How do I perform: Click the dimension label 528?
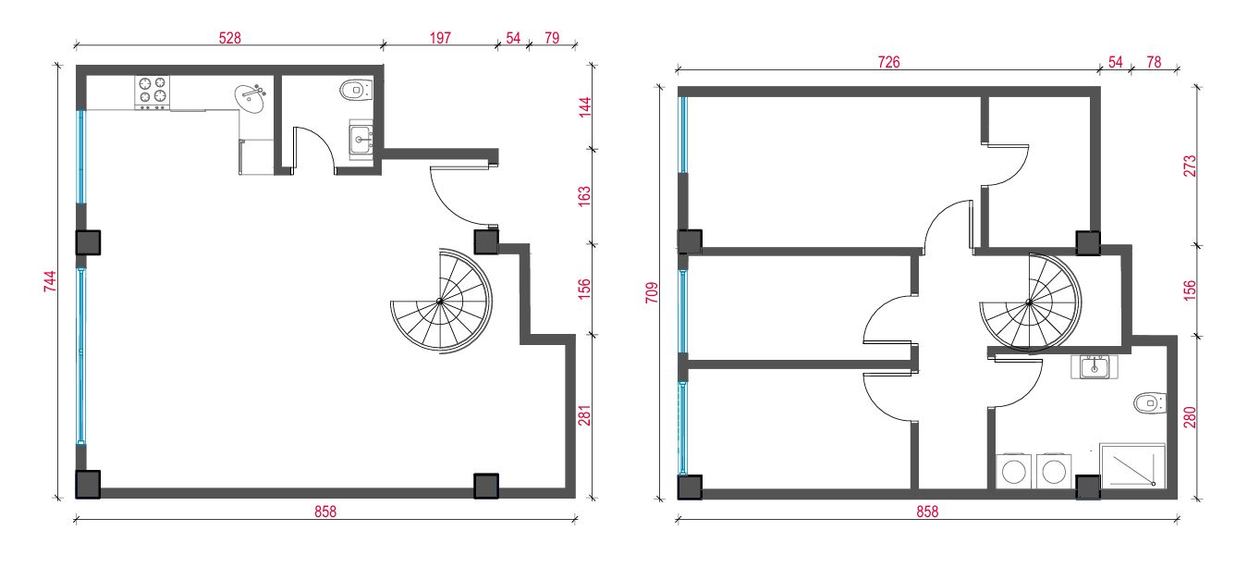pos(229,38)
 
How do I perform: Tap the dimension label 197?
pos(440,38)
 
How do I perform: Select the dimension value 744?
pos(50,281)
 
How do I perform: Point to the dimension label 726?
pos(888,62)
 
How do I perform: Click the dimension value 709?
pos(652,293)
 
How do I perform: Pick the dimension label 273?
pos(1190,167)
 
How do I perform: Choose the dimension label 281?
pos(584,415)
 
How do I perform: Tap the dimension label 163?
pos(584,196)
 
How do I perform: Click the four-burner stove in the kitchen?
pos(152,93)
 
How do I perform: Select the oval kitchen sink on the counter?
pos(251,99)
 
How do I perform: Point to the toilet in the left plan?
pos(357,90)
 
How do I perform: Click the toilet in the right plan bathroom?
pos(1150,403)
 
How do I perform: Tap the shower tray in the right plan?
pos(1132,465)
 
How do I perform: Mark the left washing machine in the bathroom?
pos(1013,471)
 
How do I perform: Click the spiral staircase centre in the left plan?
pos(440,302)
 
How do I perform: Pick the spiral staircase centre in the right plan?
pos(1029,302)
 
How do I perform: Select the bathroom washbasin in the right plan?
pos(1094,367)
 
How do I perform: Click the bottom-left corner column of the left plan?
pos(89,485)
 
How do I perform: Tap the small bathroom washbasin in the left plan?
pos(361,139)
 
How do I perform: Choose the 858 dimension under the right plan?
pos(927,512)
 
